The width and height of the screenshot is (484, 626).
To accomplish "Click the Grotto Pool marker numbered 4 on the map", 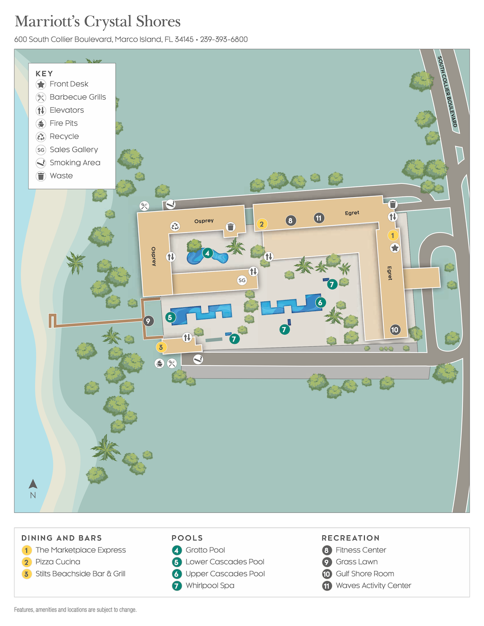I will pyautogui.click(x=207, y=253).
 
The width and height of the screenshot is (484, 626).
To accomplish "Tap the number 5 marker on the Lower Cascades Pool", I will pyautogui.click(x=170, y=317).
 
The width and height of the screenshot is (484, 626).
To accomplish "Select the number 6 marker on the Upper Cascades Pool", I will pyautogui.click(x=320, y=302).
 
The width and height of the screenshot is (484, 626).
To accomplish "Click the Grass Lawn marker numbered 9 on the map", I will pyautogui.click(x=148, y=321).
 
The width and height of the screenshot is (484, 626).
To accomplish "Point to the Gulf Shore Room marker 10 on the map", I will pyautogui.click(x=395, y=330).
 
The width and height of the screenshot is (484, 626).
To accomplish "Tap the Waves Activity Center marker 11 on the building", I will pyautogui.click(x=318, y=218).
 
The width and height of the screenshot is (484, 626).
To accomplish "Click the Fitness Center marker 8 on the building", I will pyautogui.click(x=290, y=221).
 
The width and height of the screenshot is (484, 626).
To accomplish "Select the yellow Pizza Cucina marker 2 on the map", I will pyautogui.click(x=262, y=224).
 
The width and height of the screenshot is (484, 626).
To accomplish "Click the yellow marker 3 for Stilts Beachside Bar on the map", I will pyautogui.click(x=161, y=347).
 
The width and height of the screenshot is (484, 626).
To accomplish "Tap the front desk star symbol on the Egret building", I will pyautogui.click(x=395, y=248).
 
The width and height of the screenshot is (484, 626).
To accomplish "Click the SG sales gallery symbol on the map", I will pyautogui.click(x=242, y=280).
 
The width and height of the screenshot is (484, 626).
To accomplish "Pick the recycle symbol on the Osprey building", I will pyautogui.click(x=175, y=226).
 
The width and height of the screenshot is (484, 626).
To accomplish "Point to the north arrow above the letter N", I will pyautogui.click(x=33, y=484).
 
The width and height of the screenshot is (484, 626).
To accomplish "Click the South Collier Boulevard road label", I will pyautogui.click(x=447, y=91).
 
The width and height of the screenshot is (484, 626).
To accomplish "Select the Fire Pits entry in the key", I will pyautogui.click(x=64, y=123).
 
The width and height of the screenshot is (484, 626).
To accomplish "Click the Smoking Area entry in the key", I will pyautogui.click(x=75, y=163).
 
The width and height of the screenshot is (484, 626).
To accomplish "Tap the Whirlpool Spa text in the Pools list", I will pyautogui.click(x=210, y=586).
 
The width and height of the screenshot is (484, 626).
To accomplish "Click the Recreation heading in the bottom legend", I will pyautogui.click(x=351, y=538).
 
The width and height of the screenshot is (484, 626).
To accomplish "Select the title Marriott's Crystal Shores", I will pyautogui.click(x=98, y=21).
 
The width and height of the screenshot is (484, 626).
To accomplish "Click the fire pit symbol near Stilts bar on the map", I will pyautogui.click(x=159, y=364).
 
